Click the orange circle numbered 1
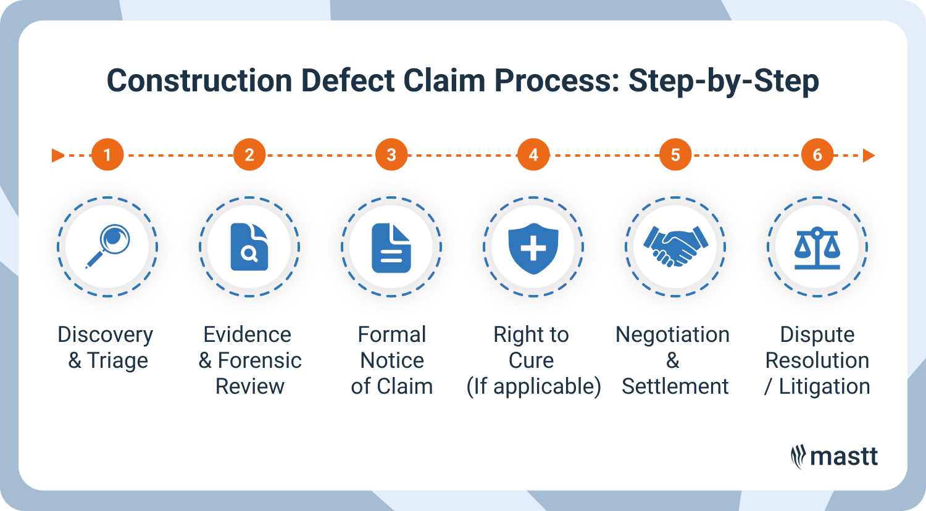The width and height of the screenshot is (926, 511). tap(107, 155)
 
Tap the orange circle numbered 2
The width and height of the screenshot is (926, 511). tap(249, 155)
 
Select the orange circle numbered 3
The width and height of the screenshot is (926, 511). tap(391, 155)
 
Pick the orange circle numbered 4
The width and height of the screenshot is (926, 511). tap(533, 155)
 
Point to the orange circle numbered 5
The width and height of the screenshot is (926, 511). tap(675, 155)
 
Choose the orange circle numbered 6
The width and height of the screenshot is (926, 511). tap(817, 155)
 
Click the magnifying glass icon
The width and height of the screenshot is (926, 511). tap(108, 246)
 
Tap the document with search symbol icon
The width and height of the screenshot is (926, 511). tap(249, 247)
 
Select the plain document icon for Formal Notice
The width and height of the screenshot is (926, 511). tap(391, 247)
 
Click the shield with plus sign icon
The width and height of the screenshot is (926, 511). tap(533, 247)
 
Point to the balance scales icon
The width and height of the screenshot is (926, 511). tap(817, 247)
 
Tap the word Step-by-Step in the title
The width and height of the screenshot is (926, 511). tap(724, 81)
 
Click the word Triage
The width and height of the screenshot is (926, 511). tap(118, 360)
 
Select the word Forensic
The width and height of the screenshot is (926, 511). tap(260, 360)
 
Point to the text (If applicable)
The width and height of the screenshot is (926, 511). tap(533, 387)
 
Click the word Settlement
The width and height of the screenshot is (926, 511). tap(675, 386)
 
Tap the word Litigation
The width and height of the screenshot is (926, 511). tap(824, 386)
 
